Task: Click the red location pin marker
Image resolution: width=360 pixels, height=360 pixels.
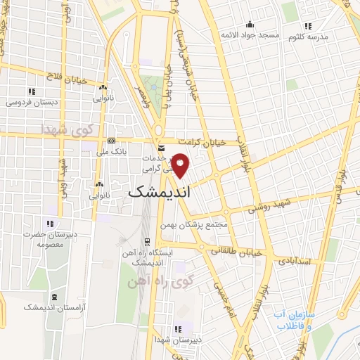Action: click(181, 165)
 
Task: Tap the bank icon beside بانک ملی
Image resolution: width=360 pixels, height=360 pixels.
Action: click(112, 141)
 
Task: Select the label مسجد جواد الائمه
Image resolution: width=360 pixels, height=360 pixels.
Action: click(250, 34)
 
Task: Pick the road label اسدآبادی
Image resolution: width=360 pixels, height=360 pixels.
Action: click(309, 261)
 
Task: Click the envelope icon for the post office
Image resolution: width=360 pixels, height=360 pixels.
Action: click(161, 148)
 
